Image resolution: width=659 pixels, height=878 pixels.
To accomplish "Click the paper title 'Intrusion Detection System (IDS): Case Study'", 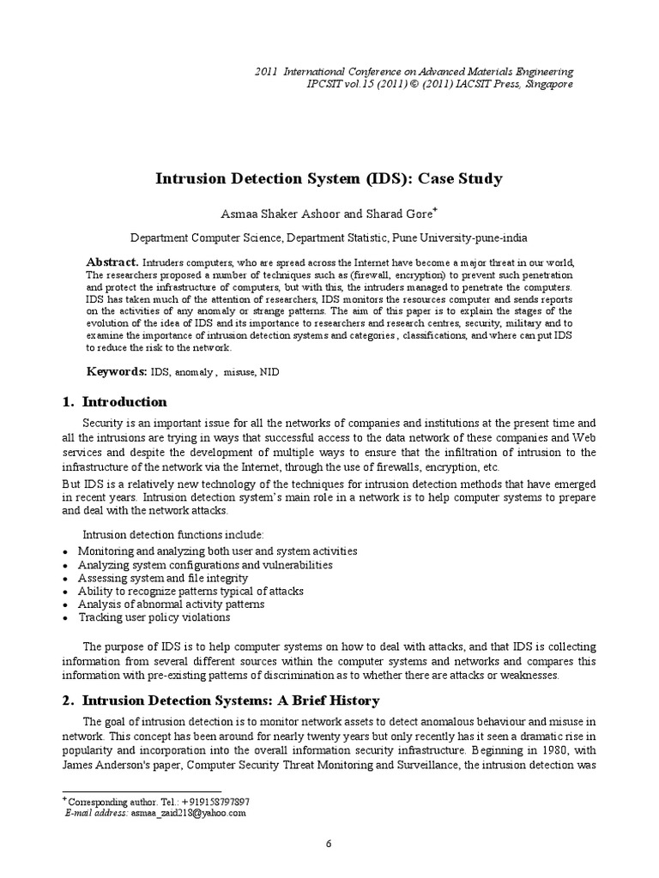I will tap(329, 179).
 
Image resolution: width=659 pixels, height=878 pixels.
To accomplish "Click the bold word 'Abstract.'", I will tap(112, 262).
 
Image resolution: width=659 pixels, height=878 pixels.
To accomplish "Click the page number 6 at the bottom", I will tap(329, 844).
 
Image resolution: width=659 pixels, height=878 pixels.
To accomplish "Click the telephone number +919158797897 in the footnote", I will tap(203, 800).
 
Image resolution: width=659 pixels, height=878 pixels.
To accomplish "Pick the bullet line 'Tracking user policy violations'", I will tap(154, 617).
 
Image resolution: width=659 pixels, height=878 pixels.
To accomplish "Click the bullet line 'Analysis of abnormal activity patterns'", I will tap(171, 604).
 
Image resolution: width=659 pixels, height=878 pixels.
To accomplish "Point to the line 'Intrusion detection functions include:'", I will tap(166, 535).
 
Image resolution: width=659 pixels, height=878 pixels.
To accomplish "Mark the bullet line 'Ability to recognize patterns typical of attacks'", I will tap(190, 592).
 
